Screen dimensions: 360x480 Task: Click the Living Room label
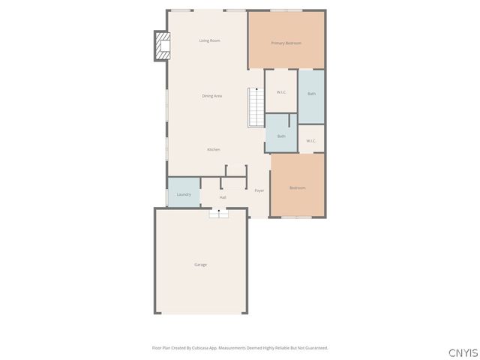point(209,40)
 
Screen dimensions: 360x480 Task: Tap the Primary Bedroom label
point(286,43)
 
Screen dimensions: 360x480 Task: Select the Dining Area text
point(211,96)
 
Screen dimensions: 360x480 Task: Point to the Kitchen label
point(214,150)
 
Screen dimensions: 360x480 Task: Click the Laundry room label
point(184,195)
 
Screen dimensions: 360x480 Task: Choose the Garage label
point(200,265)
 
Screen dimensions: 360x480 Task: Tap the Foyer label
point(259,191)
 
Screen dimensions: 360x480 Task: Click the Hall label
point(223,198)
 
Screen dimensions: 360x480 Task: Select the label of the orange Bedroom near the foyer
point(297,187)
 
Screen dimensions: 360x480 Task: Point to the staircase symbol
point(256,107)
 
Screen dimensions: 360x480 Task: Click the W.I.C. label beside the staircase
point(281,92)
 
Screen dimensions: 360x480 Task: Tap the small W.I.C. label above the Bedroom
point(311,141)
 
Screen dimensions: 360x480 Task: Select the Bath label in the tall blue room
point(311,94)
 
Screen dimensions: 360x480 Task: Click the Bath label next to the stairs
point(281,136)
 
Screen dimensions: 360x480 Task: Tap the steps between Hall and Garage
point(218,213)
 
